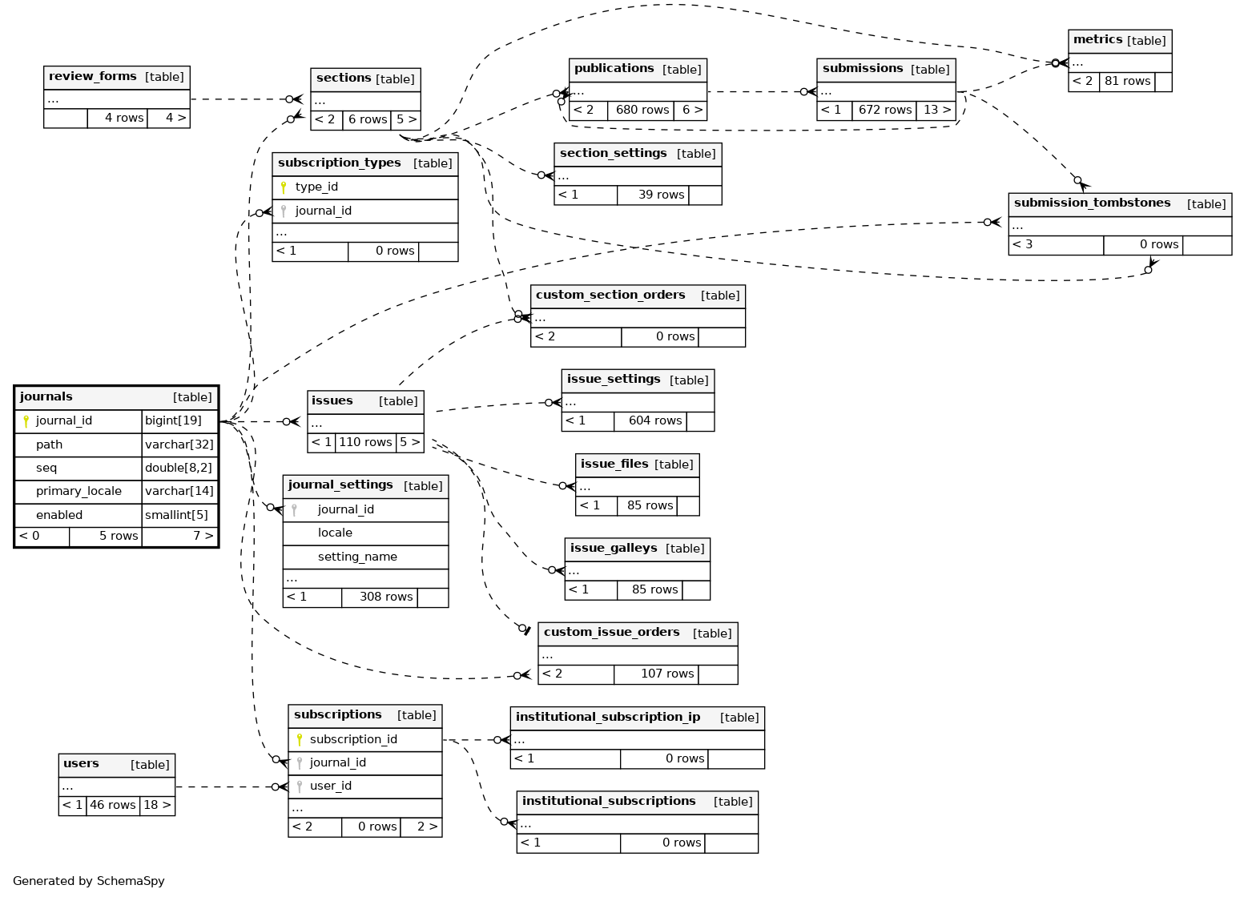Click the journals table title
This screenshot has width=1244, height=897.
pos(46,397)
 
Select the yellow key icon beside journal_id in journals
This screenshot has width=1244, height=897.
pos(26,421)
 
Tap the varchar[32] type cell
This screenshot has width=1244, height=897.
pos(179,444)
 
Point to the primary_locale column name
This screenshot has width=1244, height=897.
pos(79,492)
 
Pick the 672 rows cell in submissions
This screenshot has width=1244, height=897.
pos(885,111)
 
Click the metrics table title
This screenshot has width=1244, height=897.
pos(1097,40)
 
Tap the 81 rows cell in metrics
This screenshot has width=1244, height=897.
pos(1127,82)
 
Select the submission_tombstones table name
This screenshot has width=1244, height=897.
pos(1092,203)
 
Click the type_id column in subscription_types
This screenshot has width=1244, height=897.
pos(316,187)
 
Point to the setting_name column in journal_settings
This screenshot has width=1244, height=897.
pos(357,557)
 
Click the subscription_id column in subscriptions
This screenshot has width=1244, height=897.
pos(353,740)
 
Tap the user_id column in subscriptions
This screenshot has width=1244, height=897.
pos(331,786)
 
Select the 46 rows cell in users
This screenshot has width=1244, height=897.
pos(113,806)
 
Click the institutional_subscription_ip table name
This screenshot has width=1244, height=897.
pos(608,718)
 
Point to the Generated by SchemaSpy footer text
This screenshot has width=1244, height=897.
pos(89,881)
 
